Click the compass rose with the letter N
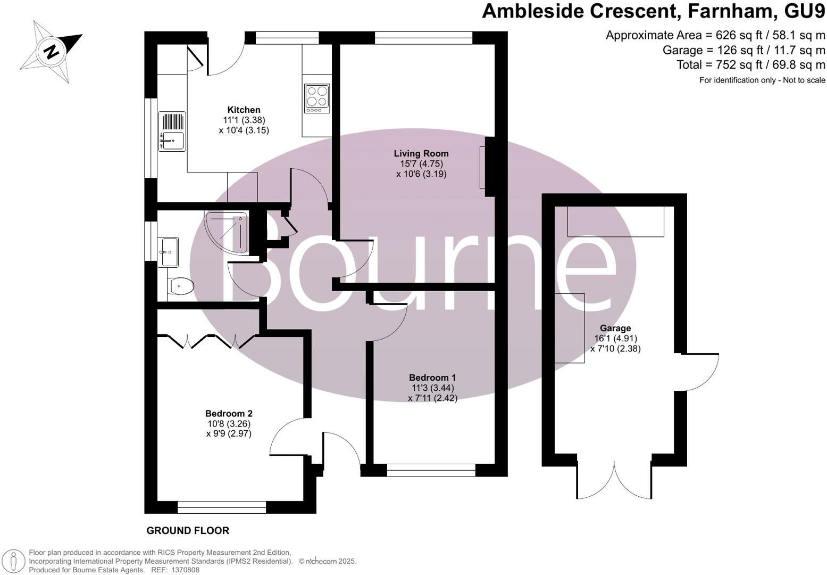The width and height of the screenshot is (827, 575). (x=51, y=52)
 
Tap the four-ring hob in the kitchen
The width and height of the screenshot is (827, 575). (x=316, y=98)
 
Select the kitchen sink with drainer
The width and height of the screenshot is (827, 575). (x=172, y=132)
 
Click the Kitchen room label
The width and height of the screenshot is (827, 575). (x=244, y=110)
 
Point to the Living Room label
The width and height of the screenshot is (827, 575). (x=421, y=154)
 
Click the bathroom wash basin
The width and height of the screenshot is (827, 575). (x=170, y=251)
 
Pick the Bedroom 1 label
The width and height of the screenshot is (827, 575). (x=432, y=377)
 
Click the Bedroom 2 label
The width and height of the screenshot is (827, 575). (x=229, y=414)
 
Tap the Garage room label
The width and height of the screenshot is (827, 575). (x=615, y=328)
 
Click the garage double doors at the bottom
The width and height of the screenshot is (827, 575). (x=614, y=479)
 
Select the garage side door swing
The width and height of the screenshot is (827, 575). (x=699, y=371)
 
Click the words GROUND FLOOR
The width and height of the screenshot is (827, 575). (x=188, y=531)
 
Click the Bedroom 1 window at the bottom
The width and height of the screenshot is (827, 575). (x=431, y=470)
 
